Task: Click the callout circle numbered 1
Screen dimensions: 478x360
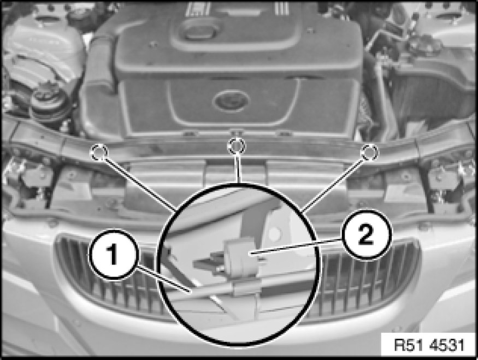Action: (x=114, y=255)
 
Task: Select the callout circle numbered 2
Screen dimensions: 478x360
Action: (x=365, y=235)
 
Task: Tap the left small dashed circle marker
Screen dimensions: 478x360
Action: (x=99, y=151)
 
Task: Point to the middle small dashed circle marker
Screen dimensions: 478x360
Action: (x=236, y=146)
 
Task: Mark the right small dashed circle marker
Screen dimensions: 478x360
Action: (x=369, y=151)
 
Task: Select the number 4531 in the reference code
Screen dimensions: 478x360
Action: (x=447, y=345)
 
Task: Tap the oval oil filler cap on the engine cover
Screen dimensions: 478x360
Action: (x=198, y=31)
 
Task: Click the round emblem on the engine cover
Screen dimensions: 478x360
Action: (x=231, y=101)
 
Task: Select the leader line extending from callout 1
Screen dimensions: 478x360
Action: (x=163, y=279)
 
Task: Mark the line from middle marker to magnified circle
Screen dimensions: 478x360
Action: (x=238, y=169)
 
